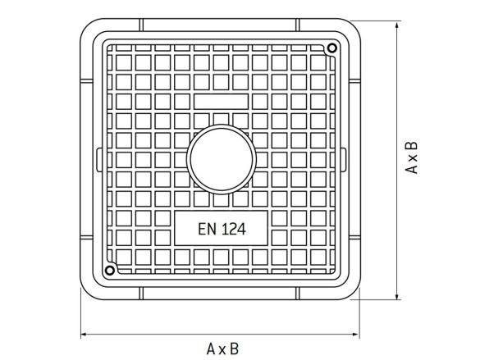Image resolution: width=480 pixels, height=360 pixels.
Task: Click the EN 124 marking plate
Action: [221, 228]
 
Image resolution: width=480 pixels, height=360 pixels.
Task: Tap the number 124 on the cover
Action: [231, 228]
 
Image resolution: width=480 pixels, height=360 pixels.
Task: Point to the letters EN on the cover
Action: [206, 228]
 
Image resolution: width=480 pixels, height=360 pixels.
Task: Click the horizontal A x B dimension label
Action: [222, 349]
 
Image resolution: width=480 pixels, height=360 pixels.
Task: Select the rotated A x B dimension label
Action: [413, 157]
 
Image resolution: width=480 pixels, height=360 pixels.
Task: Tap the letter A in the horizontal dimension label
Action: [211, 349]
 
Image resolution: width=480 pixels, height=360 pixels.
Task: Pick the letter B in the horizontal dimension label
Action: [235, 349]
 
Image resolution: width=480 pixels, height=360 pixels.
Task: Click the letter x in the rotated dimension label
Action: [413, 157]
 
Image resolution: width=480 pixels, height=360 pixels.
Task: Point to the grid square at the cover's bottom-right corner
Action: [318, 257]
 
